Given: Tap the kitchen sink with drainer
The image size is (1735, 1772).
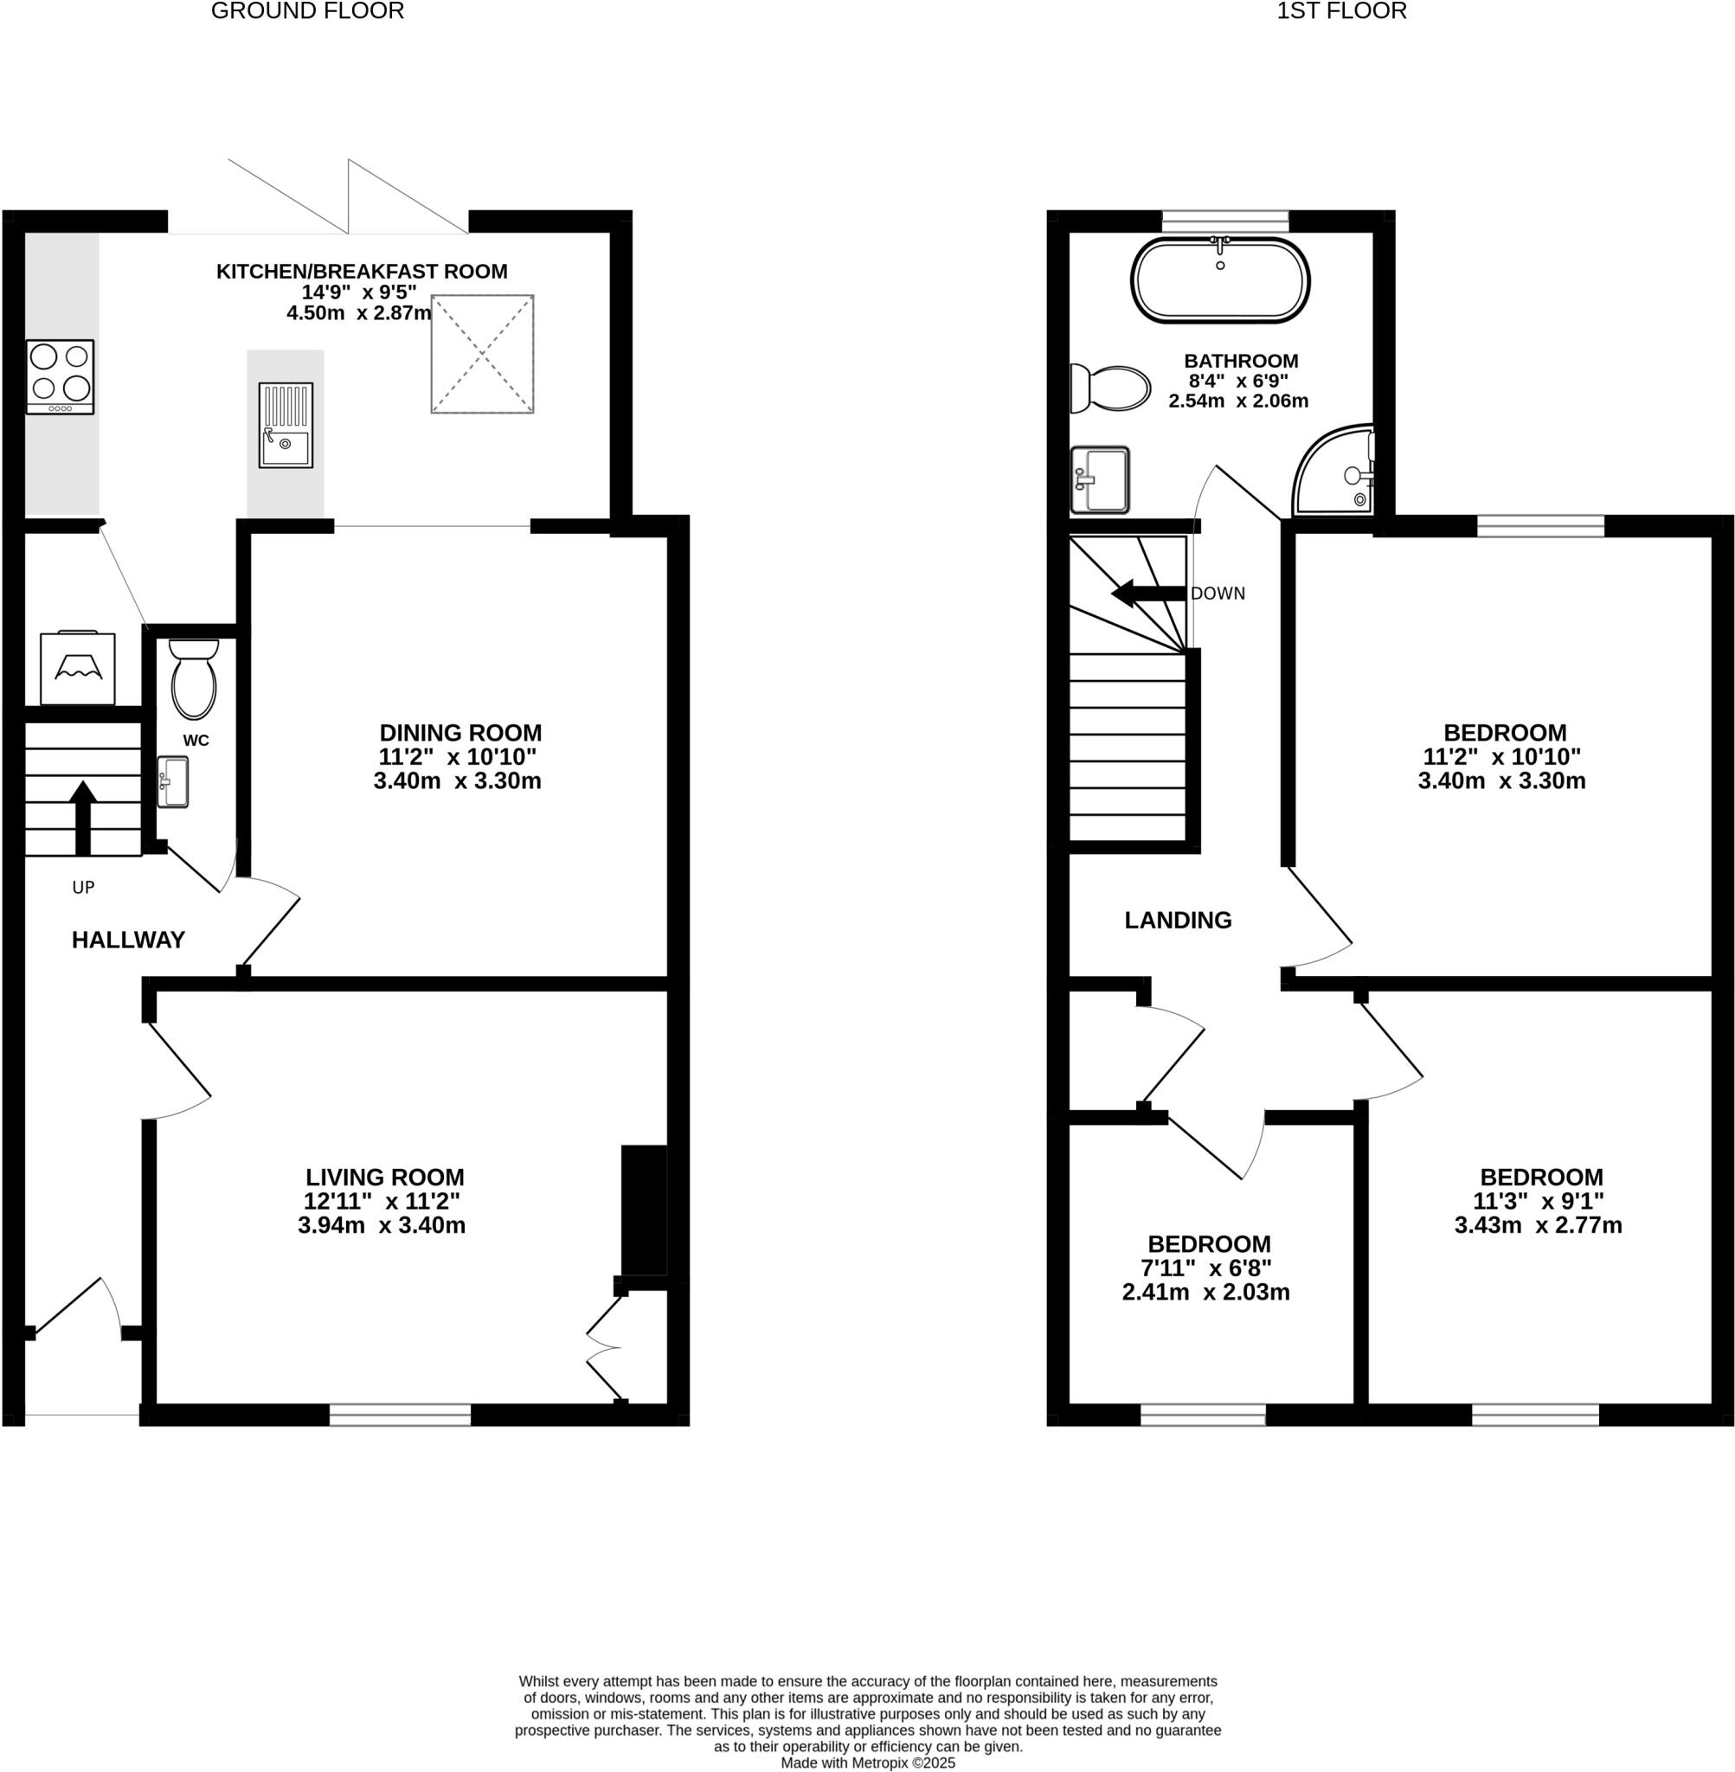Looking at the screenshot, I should point(286,426).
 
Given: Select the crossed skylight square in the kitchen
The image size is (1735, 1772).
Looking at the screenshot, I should point(482,355).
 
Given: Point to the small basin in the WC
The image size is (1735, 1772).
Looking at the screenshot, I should point(172,781).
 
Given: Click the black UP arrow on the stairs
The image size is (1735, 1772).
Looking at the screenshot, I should point(83,815).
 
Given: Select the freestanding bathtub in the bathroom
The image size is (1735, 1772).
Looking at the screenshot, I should point(1220,280).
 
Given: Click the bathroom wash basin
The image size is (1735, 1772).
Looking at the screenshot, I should point(1100,479).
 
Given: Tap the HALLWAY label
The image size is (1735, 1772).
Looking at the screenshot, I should point(128,941).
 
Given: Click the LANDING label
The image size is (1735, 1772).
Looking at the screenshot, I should point(1178,920).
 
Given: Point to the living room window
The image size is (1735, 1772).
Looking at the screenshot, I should point(400,1415).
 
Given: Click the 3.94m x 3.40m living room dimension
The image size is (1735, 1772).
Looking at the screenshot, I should point(381,1225).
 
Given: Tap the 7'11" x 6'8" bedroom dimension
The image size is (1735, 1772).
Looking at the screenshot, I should point(1205,1268).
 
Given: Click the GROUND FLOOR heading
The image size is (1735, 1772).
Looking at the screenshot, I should point(307,11).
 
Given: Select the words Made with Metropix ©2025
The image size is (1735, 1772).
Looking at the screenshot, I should point(867,1762).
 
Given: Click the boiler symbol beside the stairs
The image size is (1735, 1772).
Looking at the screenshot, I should point(78,669).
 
